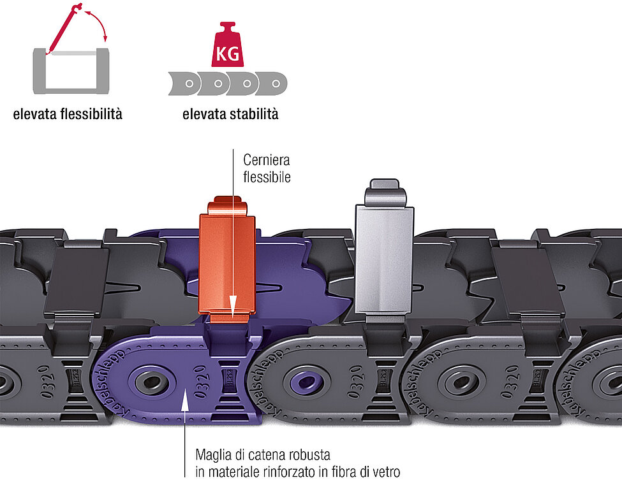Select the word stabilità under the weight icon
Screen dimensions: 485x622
(253, 115)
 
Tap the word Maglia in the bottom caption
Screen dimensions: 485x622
(213, 456)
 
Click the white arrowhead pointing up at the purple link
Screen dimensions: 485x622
(185, 398)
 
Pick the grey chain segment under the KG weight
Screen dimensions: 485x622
(228, 83)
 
